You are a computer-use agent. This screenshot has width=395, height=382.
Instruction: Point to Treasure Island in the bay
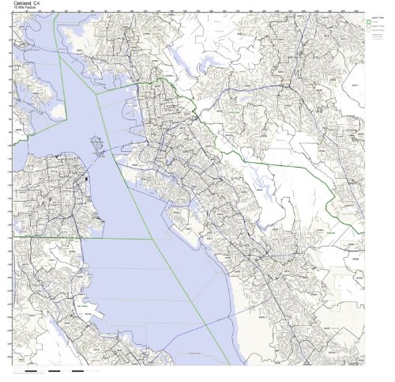[96, 146]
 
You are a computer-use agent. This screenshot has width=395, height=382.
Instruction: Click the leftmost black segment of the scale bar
[32, 370]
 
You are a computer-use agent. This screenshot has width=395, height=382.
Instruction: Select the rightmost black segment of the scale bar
[77, 370]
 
